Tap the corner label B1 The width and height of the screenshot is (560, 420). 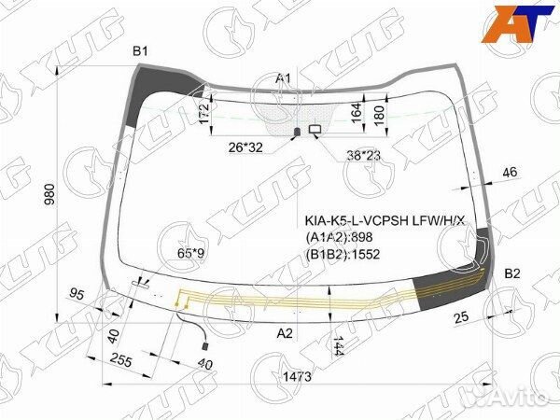pos(140,50)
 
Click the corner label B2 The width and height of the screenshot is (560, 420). pos(512,273)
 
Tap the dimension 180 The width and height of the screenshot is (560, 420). pos(378,113)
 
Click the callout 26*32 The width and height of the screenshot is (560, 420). pos(247,147)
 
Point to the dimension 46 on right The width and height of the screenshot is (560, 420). pos(510,172)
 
